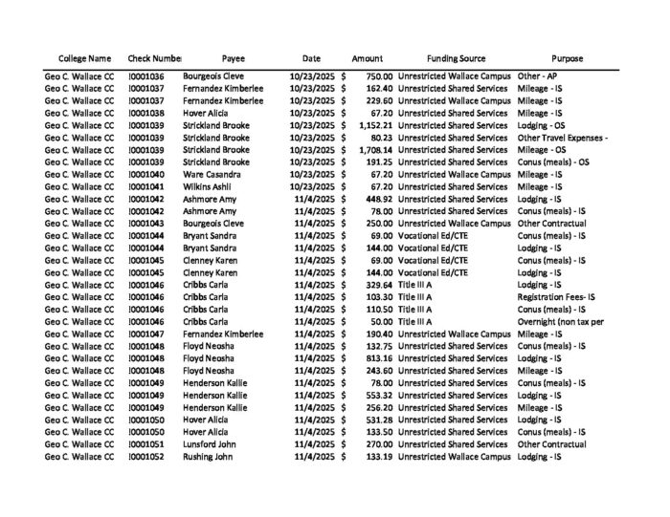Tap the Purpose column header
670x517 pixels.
tap(567, 58)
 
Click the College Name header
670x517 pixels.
tap(84, 58)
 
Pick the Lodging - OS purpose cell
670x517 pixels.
tap(541, 125)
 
